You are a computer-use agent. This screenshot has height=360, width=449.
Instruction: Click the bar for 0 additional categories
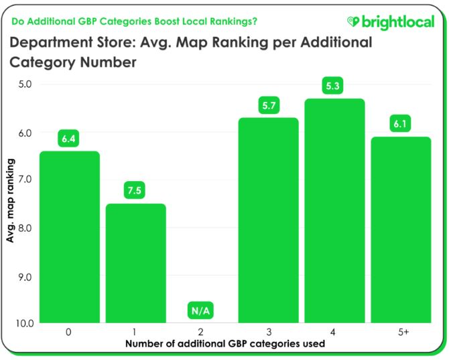pos(70,237)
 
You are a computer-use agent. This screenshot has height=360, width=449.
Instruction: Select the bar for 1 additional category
pos(136,263)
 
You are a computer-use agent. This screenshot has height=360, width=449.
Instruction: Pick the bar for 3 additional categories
pos(268,221)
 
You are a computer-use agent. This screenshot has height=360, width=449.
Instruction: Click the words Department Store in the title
pos(73,44)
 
